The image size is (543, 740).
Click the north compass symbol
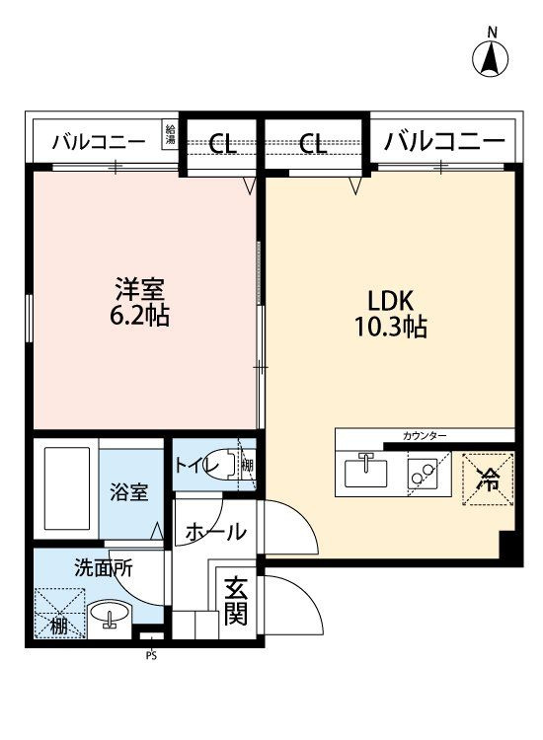491,55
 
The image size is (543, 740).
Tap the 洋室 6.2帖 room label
139,303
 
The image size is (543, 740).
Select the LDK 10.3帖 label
391,314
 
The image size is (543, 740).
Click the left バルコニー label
99,141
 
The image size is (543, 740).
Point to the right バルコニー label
444,141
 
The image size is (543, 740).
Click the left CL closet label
222,143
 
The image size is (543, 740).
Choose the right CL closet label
313,143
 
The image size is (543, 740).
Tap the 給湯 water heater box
170,134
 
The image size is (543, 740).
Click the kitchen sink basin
366,472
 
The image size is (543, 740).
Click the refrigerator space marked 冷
489,480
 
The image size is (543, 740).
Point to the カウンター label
424,436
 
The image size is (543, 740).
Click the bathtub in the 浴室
67,488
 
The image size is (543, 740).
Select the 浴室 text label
129,492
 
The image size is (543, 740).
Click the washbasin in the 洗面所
110,614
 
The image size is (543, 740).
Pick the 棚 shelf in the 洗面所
59,613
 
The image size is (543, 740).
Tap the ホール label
216,533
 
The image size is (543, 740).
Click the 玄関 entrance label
236,601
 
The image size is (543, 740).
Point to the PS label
151,655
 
